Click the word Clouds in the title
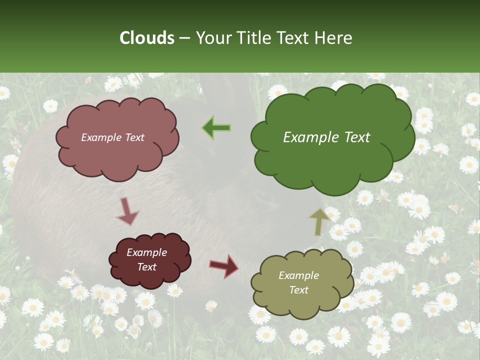pos(147,38)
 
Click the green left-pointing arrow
pos(216,128)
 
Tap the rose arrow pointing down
pos(127,211)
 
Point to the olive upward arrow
pos(319,222)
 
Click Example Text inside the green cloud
pos(326,137)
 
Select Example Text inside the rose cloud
pos(113,137)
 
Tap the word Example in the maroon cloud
pos(146,252)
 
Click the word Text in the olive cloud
pos(298,290)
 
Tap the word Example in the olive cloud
pos(298,275)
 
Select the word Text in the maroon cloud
pos(146,267)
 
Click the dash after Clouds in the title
pos(184,38)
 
